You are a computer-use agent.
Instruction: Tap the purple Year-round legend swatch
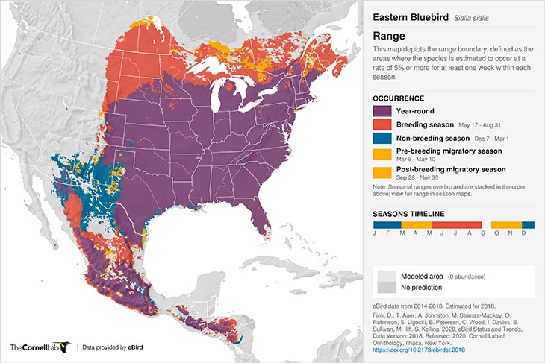pos(383,111)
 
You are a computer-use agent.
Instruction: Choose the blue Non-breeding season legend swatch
pos(383,139)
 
